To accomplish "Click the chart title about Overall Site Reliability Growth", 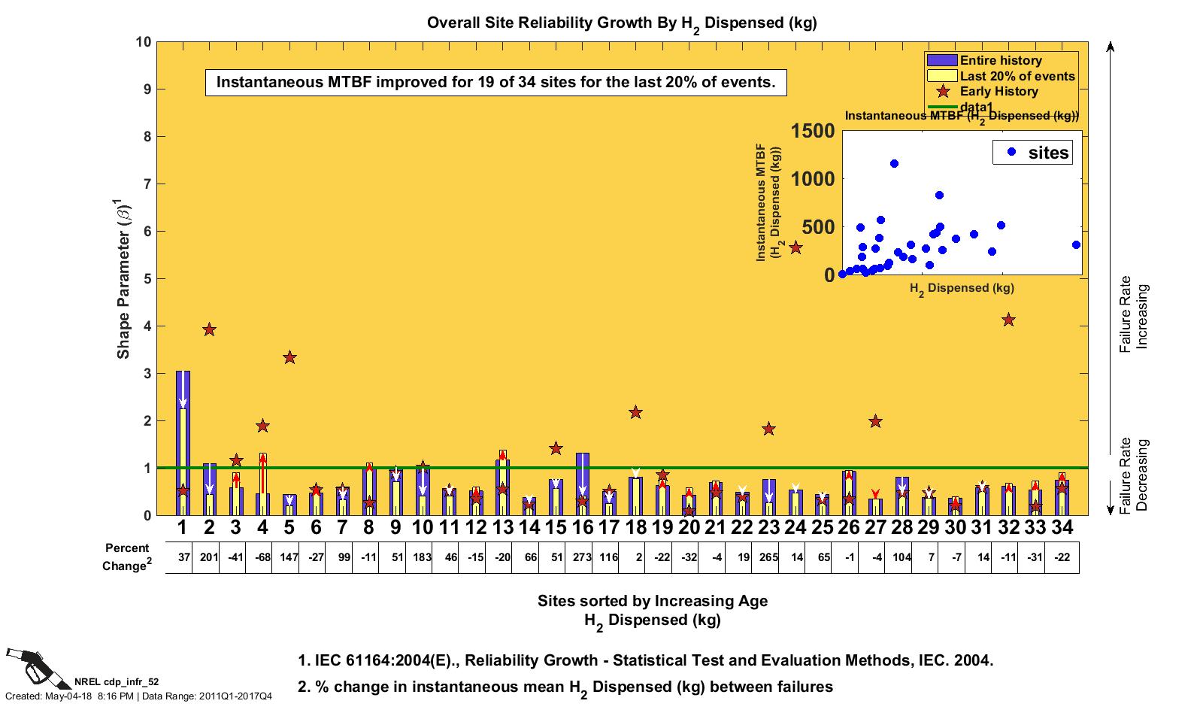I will (x=621, y=23).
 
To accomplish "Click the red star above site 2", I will (x=210, y=329).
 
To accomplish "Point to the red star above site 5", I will (x=289, y=357).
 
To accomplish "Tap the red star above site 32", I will (x=1008, y=320).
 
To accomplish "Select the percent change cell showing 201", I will (x=210, y=557).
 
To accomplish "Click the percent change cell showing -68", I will (x=263, y=557).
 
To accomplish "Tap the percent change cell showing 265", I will (x=768, y=557).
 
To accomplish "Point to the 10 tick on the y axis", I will (x=143, y=41).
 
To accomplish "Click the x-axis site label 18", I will (x=636, y=527).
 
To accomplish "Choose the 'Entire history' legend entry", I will (x=1000, y=60).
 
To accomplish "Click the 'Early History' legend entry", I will (x=998, y=91).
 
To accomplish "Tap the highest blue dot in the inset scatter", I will (x=894, y=163).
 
